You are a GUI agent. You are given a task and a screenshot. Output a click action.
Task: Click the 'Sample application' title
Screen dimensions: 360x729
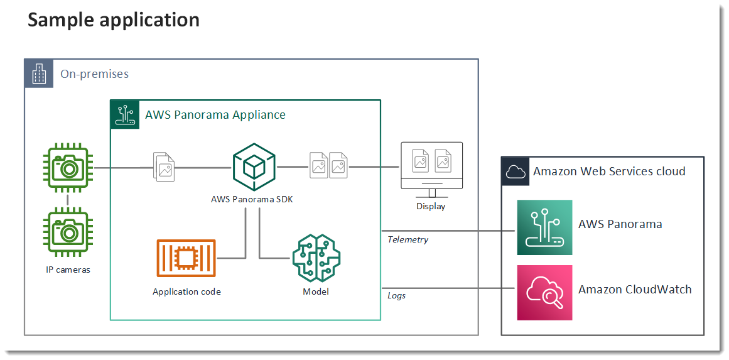coord(114,20)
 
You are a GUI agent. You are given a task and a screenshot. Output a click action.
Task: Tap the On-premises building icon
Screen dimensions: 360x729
coord(38,74)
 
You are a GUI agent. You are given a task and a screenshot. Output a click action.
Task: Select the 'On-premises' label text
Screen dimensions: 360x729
coord(94,74)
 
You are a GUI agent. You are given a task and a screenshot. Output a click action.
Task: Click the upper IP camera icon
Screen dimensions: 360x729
coord(68,168)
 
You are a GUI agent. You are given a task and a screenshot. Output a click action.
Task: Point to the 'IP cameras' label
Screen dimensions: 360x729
coord(68,270)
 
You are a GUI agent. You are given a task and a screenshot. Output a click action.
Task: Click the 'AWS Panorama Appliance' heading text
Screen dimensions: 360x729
coord(215,115)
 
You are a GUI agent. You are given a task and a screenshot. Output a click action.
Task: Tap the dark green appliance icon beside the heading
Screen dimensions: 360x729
coord(125,114)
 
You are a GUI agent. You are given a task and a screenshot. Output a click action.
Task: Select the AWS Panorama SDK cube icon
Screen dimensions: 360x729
coord(254,168)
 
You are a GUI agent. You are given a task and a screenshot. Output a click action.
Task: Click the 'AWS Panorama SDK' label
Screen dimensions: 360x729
coord(252,200)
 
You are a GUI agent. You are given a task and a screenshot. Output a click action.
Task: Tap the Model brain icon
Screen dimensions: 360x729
coord(315,258)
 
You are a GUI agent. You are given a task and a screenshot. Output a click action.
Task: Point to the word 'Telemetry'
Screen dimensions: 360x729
coord(408,239)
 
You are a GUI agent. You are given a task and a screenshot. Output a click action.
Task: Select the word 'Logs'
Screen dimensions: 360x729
coord(396,295)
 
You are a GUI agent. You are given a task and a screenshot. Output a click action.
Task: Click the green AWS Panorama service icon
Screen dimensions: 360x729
coord(544,227)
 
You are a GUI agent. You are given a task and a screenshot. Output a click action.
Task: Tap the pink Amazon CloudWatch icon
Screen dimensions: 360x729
coord(544,292)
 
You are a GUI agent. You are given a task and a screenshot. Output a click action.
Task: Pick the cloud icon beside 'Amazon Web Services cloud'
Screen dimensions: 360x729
coord(515,171)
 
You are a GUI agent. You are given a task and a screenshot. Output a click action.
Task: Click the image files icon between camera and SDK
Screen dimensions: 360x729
coord(165,168)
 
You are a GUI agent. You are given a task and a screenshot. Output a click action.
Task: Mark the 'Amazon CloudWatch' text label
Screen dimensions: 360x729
coord(635,290)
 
